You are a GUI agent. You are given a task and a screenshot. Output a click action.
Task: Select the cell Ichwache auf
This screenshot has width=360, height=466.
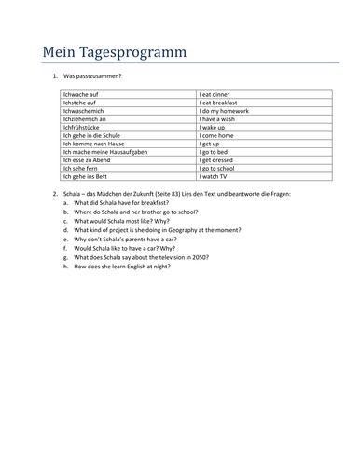pos(80,94)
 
